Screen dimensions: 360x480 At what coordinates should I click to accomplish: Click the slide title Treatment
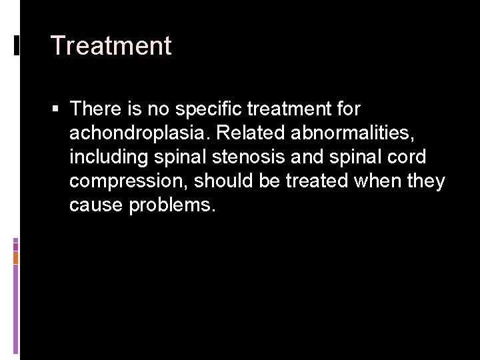tap(111, 46)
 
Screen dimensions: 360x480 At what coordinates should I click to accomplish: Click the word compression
tap(127, 181)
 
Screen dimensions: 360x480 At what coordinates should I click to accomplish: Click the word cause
tap(96, 205)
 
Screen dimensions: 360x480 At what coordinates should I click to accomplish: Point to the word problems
tap(173, 205)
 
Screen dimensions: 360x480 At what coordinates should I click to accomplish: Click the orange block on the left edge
tap(15, 257)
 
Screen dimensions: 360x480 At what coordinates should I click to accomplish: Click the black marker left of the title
tap(16, 45)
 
